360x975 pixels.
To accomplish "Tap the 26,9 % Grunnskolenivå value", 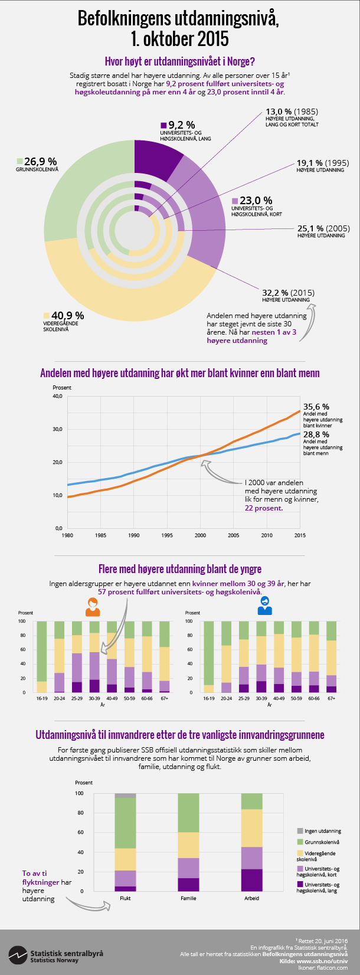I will click(40, 161).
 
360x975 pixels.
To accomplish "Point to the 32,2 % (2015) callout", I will click(288, 292).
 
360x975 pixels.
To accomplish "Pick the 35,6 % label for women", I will click(316, 407).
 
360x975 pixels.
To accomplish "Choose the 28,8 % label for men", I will click(316, 434).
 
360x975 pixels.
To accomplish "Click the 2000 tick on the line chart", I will click(201, 535).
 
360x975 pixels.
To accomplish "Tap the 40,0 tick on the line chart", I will click(58, 397).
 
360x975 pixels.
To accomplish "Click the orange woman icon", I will click(93, 607).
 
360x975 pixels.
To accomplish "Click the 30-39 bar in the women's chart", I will click(94, 656).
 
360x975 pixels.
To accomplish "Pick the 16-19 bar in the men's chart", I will click(208, 656).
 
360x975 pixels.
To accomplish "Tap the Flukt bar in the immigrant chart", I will click(125, 842).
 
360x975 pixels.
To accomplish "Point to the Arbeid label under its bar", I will click(251, 898).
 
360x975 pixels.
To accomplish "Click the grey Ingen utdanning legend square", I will click(300, 831).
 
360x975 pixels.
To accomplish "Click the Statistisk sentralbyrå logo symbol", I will click(17, 953).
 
